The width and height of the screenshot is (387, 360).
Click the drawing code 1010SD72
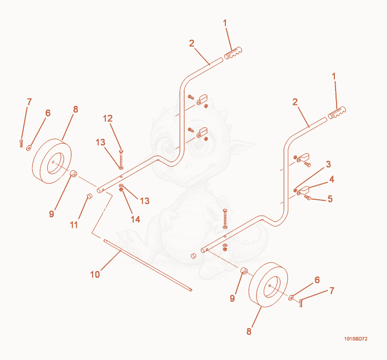pyautogui.click(x=356, y=339)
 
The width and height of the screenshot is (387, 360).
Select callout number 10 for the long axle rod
pyautogui.click(x=95, y=274)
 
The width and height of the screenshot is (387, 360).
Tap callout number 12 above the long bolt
pyautogui.click(x=107, y=119)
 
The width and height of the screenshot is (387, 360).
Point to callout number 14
pyautogui.click(x=135, y=219)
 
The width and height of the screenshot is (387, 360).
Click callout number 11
pyautogui.click(x=74, y=225)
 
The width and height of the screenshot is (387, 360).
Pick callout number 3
pyautogui.click(x=328, y=164)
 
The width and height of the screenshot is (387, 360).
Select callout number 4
pyautogui.click(x=332, y=179)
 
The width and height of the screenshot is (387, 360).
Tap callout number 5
pyautogui.click(x=330, y=199)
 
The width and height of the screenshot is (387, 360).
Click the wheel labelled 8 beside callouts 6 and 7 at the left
pyautogui.click(x=52, y=161)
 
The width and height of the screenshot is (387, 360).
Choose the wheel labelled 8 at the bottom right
pyautogui.click(x=268, y=285)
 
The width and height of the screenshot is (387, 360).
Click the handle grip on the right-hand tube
pyautogui.click(x=337, y=113)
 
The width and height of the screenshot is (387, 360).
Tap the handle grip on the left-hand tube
pyautogui.click(x=233, y=53)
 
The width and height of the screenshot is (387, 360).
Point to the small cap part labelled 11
pyautogui.click(x=89, y=196)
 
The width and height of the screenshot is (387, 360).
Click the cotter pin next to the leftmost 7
pyautogui.click(x=21, y=143)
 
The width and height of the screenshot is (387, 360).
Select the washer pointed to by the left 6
pyautogui.click(x=29, y=148)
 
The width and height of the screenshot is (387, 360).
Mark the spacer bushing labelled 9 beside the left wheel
pyautogui.click(x=73, y=174)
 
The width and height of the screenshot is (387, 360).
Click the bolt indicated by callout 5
pyautogui.click(x=308, y=197)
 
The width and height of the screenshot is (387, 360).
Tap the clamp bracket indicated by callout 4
pyautogui.click(x=303, y=190)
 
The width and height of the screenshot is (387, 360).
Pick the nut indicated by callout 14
pyautogui.click(x=121, y=190)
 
